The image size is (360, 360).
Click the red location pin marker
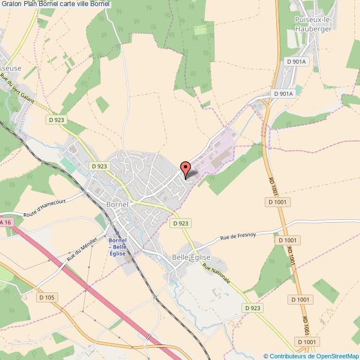[186, 167]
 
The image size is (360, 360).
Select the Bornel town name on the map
[117, 204]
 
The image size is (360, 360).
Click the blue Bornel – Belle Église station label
[118, 246]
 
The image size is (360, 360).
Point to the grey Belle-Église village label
[191, 258]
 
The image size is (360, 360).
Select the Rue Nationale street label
[216, 276]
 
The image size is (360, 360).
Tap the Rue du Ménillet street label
[82, 249]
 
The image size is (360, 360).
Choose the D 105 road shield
[48, 297]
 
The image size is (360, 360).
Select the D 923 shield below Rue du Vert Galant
[58, 119]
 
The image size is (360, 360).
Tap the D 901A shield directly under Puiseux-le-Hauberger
[297, 61]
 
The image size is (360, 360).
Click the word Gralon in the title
[11, 4]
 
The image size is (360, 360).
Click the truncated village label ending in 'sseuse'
[11, 68]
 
